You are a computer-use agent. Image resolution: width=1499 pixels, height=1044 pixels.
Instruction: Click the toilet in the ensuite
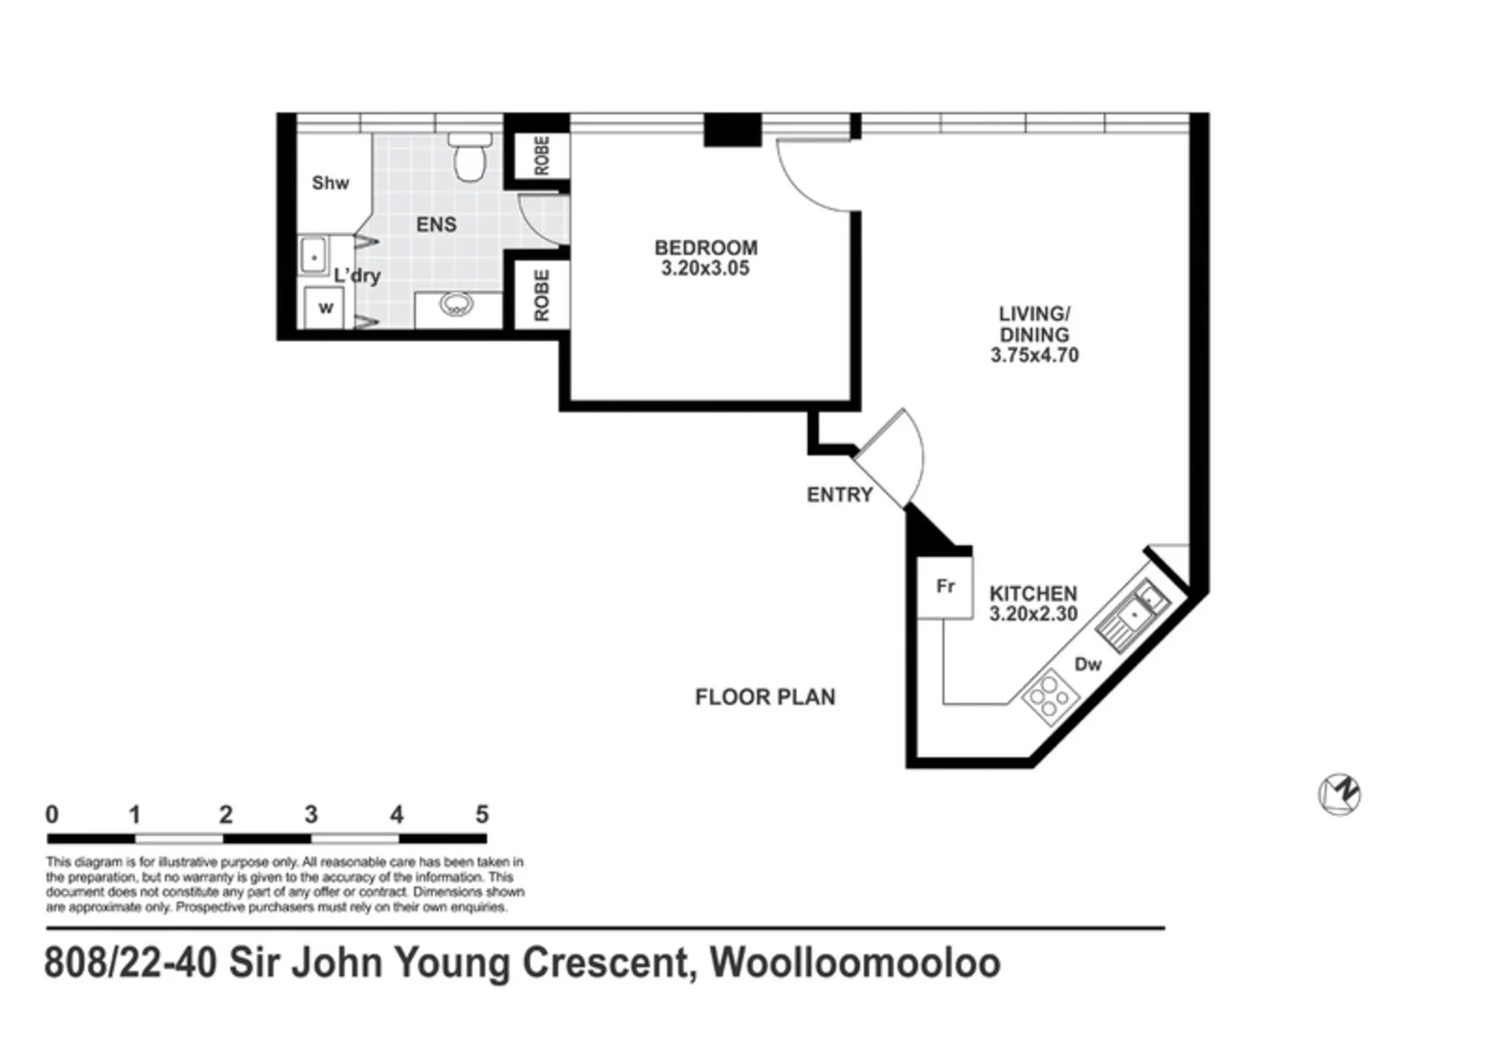point(471,158)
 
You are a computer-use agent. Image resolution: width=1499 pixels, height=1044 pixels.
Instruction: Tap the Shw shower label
point(331,183)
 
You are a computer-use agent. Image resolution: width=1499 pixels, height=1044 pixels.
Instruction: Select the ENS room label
point(436,224)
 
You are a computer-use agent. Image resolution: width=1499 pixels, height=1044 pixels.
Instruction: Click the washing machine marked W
point(326,308)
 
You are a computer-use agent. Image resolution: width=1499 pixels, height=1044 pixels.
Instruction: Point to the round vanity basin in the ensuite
point(456,305)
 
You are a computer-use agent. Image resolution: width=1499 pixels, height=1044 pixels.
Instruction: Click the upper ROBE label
point(541,156)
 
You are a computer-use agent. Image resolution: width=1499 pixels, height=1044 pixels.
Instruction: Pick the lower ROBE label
point(541,295)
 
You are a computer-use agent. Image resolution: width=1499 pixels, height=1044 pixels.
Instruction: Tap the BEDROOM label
point(706,247)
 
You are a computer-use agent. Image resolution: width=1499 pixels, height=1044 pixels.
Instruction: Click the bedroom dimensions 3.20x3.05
point(706,269)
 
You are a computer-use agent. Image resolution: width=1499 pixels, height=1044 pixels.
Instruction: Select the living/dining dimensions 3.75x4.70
point(1034,356)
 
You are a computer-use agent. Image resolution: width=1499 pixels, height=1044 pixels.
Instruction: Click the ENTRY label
point(839,495)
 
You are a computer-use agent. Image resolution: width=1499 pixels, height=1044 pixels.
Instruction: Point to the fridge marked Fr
point(945,587)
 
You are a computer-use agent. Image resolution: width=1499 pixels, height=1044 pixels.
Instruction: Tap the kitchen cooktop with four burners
point(1048,695)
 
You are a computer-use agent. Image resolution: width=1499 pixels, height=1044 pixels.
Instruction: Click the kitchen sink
point(1134,615)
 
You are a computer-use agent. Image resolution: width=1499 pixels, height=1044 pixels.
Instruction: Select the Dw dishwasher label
point(1088,664)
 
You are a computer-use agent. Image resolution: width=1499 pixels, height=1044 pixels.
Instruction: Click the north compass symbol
point(1340,795)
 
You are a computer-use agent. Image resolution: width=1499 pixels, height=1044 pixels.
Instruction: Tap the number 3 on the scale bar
point(311,815)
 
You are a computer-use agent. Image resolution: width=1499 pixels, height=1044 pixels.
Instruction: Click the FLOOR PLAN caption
point(764,697)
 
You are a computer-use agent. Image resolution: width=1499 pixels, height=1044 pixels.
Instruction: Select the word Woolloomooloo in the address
point(855,964)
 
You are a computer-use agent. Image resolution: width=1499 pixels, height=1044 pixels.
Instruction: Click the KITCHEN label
point(1032,594)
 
